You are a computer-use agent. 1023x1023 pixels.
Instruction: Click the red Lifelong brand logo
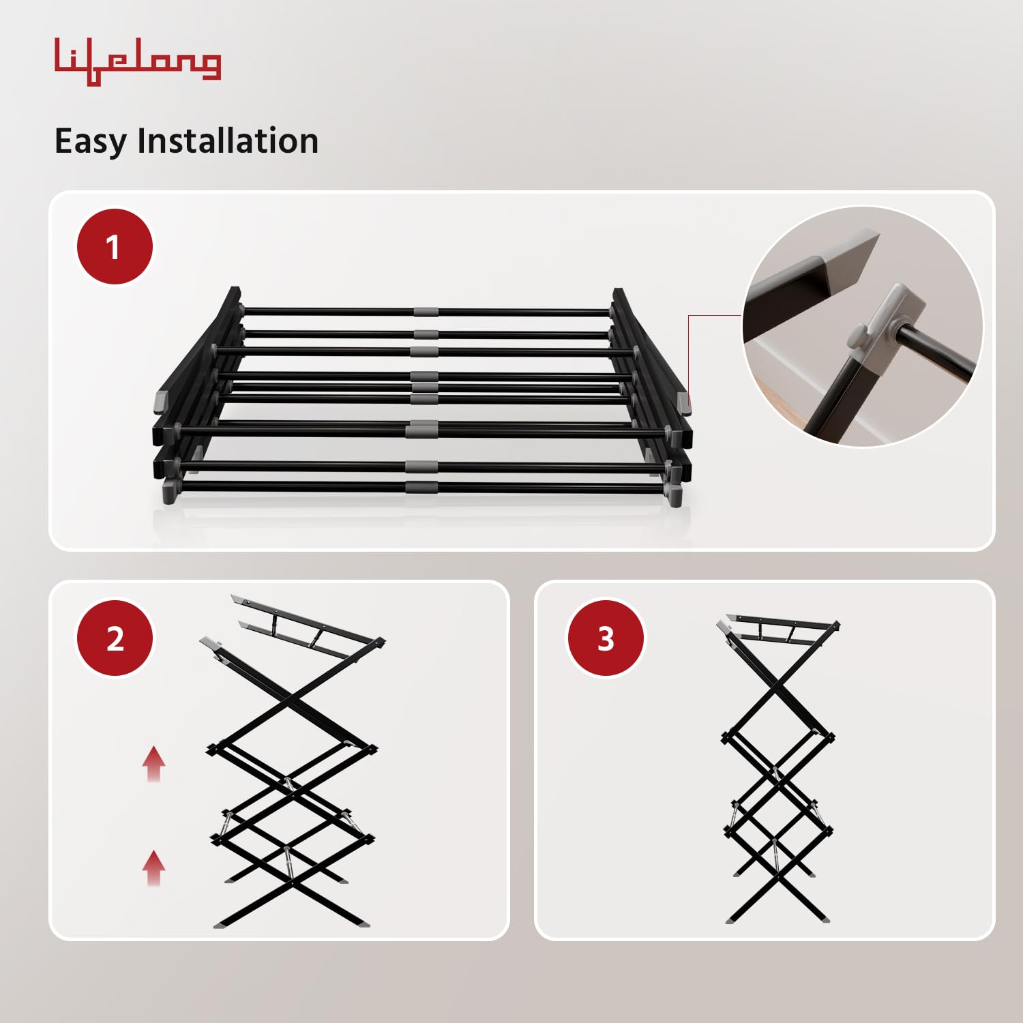[137, 62]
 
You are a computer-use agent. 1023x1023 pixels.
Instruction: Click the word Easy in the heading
[90, 142]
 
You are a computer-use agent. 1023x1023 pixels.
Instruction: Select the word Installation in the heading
[228, 140]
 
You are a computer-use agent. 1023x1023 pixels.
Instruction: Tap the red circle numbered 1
[114, 247]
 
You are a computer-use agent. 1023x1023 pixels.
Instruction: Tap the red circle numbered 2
[115, 638]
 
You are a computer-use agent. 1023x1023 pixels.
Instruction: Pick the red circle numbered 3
[606, 638]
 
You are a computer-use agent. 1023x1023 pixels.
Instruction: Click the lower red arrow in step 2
[154, 868]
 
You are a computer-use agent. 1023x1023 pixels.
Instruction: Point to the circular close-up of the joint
[862, 327]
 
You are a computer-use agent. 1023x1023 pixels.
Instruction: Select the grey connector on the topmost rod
[426, 312]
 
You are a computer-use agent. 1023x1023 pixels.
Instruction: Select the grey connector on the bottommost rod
[421, 487]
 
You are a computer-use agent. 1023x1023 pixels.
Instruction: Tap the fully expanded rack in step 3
[777, 771]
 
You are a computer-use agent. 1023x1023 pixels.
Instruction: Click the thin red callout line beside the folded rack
[689, 355]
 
